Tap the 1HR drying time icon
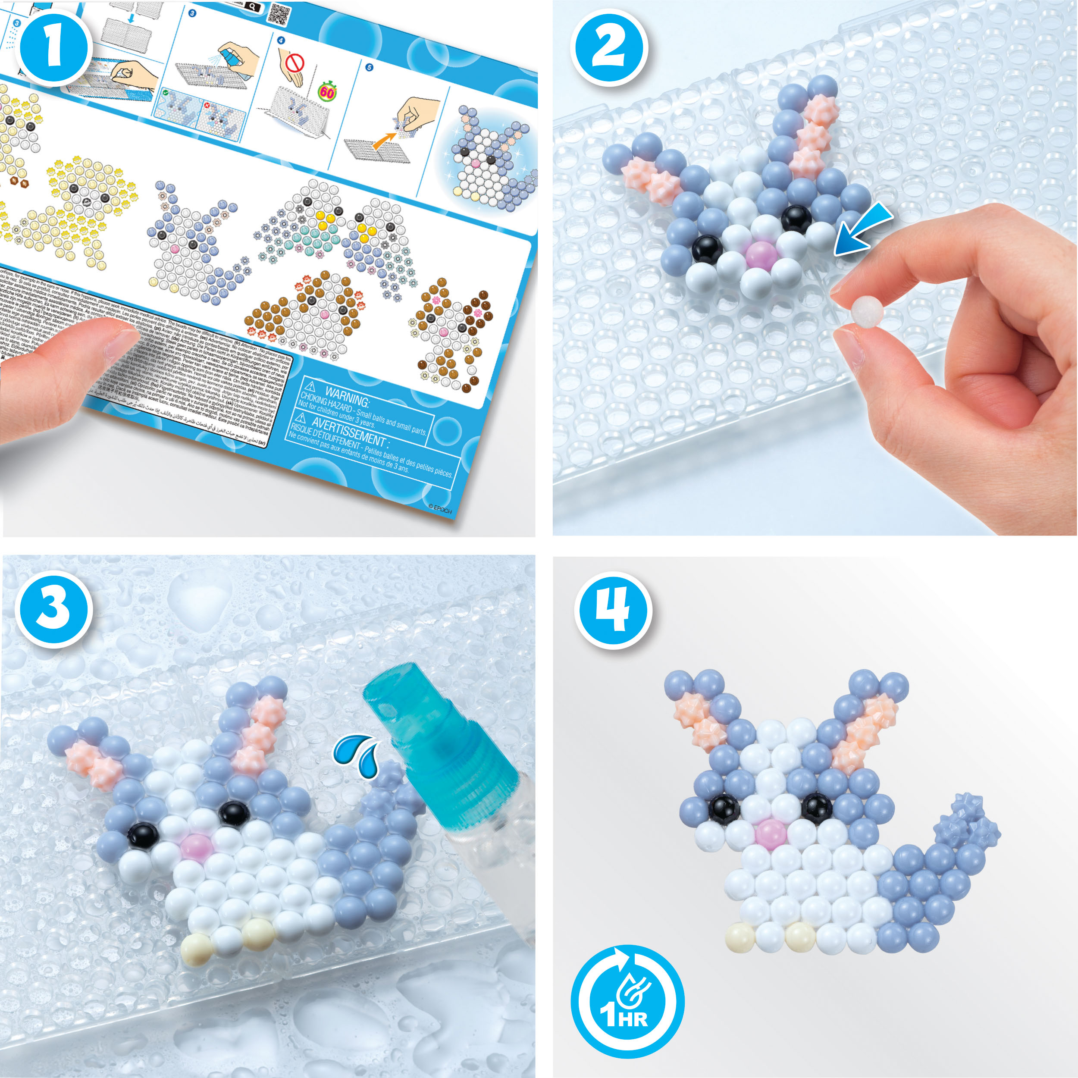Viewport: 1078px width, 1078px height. click(x=627, y=1001)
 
